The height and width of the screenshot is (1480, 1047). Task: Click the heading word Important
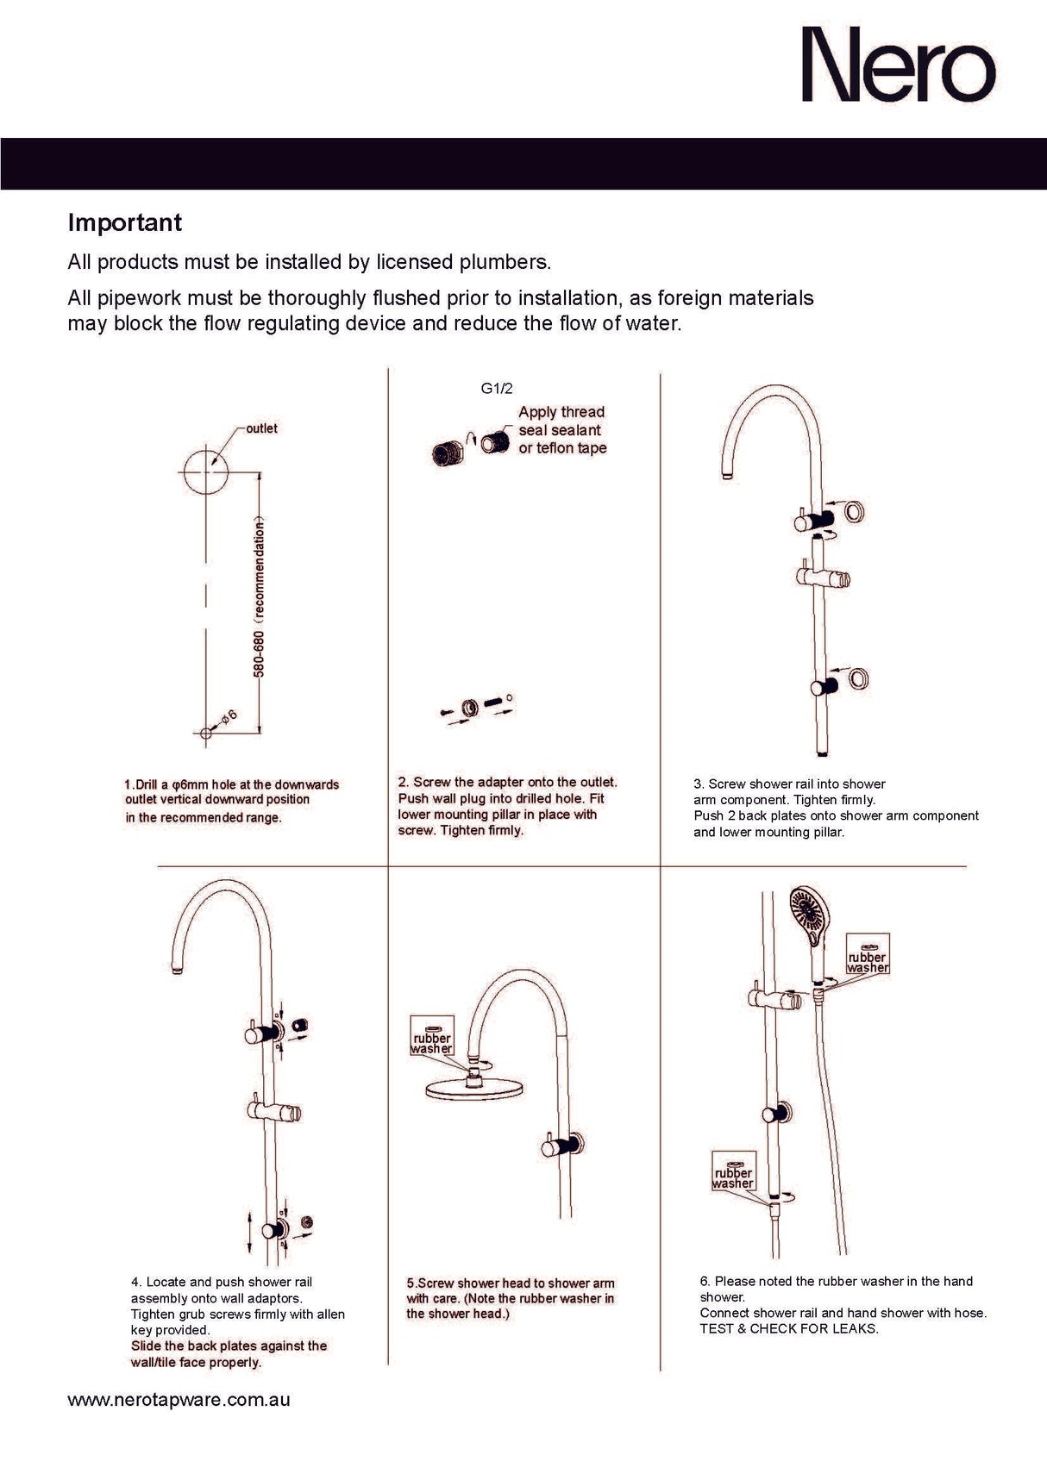125,222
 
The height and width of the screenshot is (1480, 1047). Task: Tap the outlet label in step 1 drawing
261,428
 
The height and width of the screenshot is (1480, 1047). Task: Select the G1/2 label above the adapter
496,389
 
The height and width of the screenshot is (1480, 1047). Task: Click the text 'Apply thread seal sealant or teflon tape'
561,430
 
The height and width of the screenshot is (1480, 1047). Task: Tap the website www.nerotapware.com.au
179,1400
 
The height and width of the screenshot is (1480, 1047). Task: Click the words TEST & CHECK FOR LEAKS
788,1328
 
